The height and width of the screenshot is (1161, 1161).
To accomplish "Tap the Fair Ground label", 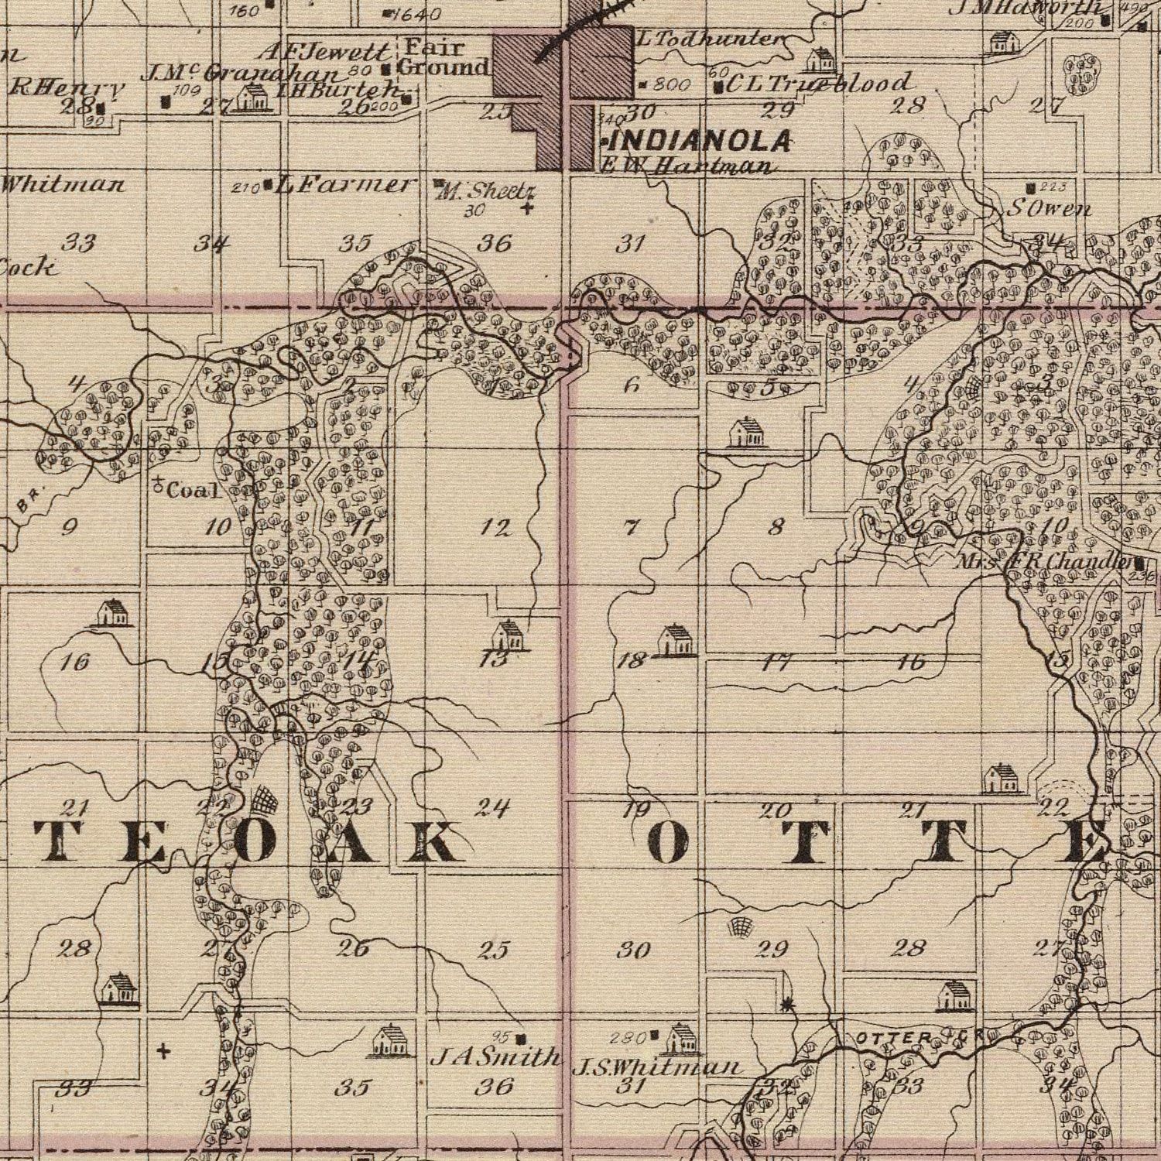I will (x=444, y=58).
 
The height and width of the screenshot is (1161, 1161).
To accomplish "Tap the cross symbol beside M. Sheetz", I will (x=527, y=207).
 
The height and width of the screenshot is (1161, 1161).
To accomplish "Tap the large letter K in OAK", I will (x=425, y=841).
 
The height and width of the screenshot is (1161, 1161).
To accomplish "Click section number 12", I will (x=495, y=529).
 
